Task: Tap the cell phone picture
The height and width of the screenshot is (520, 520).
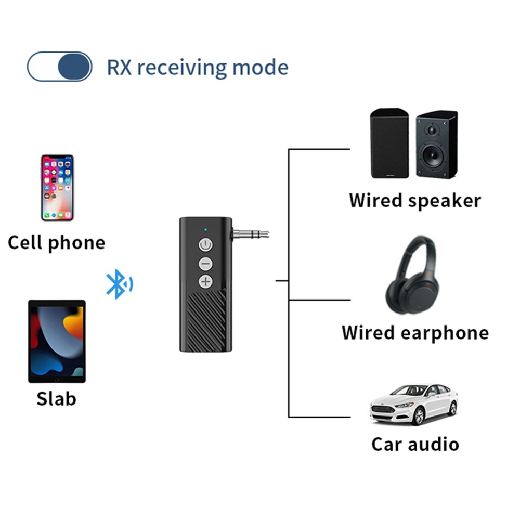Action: tap(57, 187)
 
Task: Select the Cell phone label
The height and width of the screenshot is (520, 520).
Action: tap(56, 243)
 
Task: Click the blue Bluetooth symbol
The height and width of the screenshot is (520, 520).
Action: tap(119, 284)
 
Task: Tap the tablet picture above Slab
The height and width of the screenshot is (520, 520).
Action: tap(57, 341)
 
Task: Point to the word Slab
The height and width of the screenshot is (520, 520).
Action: tap(56, 399)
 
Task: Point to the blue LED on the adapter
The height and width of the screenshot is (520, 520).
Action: tap(206, 229)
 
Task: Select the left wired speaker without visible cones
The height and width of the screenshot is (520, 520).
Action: tap(389, 144)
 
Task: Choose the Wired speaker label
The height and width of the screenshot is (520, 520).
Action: tap(415, 200)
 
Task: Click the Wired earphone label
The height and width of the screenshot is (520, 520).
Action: tap(415, 333)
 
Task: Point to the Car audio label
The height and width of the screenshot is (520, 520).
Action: tap(415, 444)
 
